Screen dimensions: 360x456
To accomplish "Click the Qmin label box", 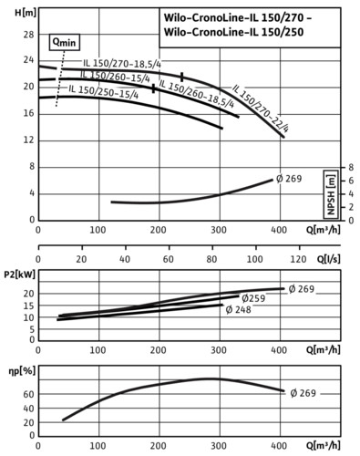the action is (x=65, y=42).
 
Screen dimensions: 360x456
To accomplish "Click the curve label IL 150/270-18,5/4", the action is (x=122, y=64).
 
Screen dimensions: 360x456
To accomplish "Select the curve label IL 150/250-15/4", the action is (x=104, y=92).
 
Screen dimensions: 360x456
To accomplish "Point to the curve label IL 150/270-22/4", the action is (x=261, y=109).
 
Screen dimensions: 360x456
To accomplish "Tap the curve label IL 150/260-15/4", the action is (x=115, y=76).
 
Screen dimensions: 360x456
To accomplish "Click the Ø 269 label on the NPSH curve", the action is (x=289, y=179).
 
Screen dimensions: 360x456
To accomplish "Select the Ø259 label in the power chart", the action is (x=254, y=298).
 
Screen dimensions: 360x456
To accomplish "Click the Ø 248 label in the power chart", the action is (x=239, y=310).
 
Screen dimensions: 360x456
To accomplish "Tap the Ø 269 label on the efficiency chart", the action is (x=303, y=393).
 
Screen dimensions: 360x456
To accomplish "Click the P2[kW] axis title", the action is (x=20, y=275).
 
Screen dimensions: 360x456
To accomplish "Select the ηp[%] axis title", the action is (x=22, y=371).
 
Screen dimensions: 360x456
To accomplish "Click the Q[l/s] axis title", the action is (x=329, y=259).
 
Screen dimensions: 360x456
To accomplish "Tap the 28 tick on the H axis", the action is (x=29, y=35).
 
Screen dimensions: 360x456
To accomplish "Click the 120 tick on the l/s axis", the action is (x=299, y=259).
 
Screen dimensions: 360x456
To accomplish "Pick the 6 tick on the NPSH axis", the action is (x=351, y=181).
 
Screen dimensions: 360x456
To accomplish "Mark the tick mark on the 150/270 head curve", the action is (x=182, y=77).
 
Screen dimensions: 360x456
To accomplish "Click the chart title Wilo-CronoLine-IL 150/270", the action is (x=238, y=17).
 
